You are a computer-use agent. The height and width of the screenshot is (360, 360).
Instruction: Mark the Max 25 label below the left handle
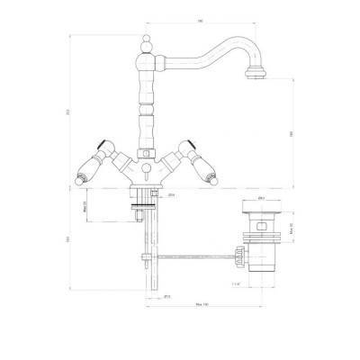tap(85, 206)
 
